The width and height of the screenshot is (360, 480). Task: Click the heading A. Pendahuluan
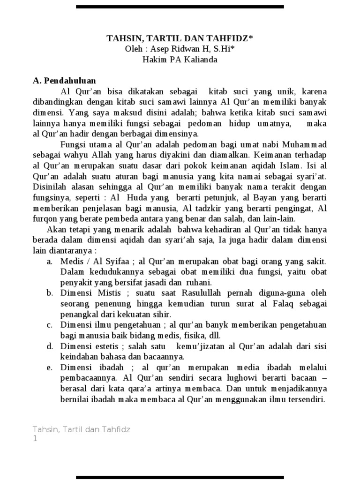(x=64, y=80)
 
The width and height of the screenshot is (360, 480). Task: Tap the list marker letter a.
(x=49, y=261)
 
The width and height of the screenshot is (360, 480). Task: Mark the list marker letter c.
(x=49, y=325)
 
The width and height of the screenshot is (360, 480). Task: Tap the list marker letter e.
(x=49, y=367)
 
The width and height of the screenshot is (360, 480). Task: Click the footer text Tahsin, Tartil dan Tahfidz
(x=81, y=429)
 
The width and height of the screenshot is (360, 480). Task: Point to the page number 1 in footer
(x=35, y=439)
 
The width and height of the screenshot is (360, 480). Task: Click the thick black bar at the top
(x=180, y=7)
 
